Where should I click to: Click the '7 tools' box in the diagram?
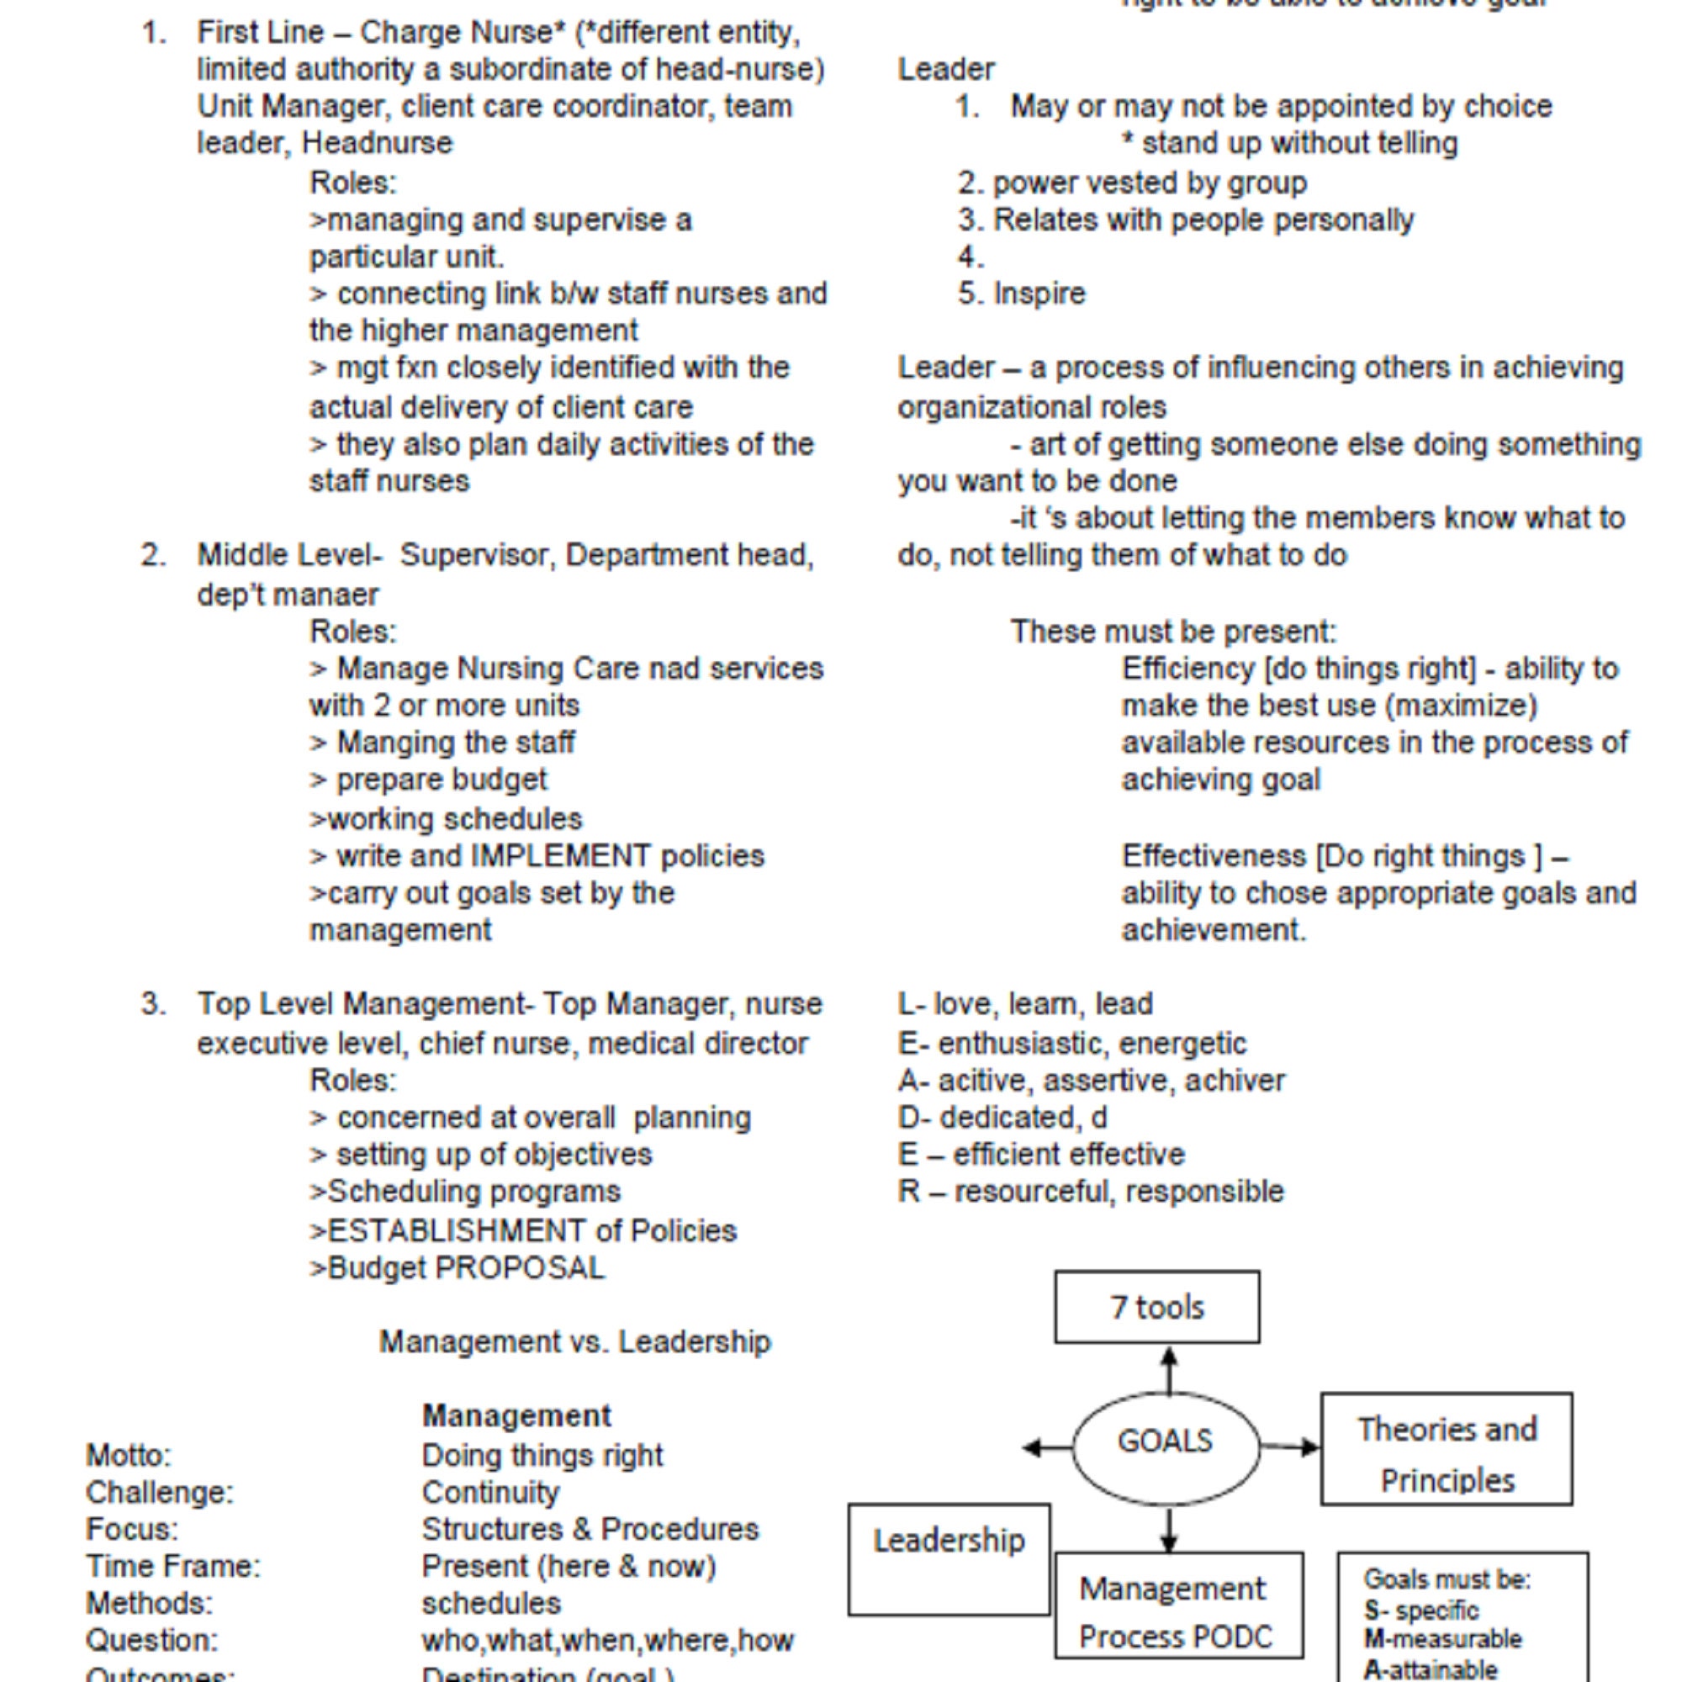tap(1156, 1307)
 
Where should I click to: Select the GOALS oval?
tap(1165, 1441)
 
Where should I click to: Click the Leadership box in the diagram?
tap(948, 1558)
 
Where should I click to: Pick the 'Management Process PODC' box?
tap(1178, 1604)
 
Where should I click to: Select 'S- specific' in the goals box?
tap(1420, 1610)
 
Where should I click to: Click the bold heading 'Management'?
tap(516, 1415)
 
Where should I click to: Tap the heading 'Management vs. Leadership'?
tap(574, 1341)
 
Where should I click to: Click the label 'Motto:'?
tap(129, 1455)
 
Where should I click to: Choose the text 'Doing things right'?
tap(542, 1455)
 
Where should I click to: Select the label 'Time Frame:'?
tap(172, 1566)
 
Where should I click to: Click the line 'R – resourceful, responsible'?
tap(1090, 1191)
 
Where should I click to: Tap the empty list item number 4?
tap(970, 257)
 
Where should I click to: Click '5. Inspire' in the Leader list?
tap(1021, 294)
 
